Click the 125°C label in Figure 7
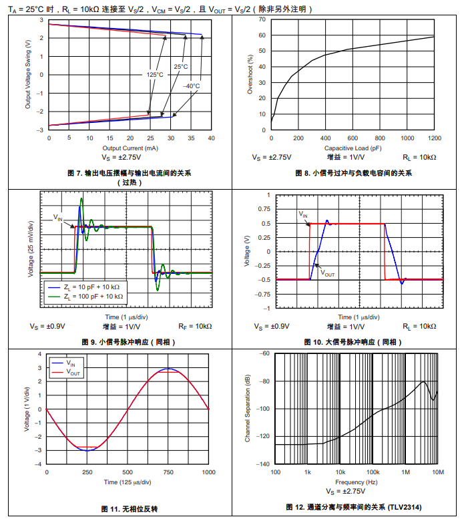(x=155, y=75)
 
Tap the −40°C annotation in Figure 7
(x=191, y=86)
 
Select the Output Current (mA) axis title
(x=130, y=148)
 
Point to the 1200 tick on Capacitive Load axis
(x=434, y=138)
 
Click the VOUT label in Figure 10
(x=327, y=273)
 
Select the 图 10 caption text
(x=353, y=342)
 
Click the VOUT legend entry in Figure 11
(x=74, y=373)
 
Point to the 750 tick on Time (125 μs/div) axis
(x=168, y=472)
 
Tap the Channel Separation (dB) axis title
(x=248, y=408)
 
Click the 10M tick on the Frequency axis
(x=437, y=472)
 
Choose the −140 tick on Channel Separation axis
(x=263, y=464)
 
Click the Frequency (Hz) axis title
(x=356, y=482)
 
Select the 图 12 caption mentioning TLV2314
(x=353, y=507)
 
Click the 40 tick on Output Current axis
(x=212, y=138)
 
